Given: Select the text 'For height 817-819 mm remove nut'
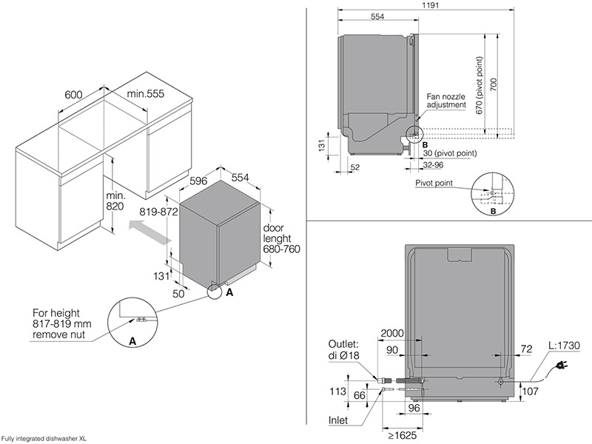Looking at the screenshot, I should coord(60,324).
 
